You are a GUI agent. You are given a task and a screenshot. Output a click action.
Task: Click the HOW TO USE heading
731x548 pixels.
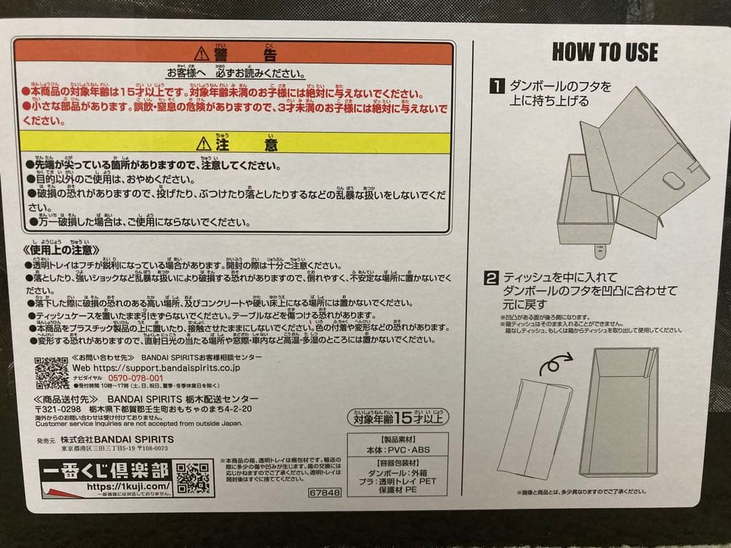[x=604, y=52]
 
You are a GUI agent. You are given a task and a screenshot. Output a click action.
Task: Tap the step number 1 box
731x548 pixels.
[x=497, y=86]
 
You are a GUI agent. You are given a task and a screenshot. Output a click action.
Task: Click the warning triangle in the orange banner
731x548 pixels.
[x=202, y=53]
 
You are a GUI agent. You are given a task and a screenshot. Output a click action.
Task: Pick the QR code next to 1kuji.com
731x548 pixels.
[x=194, y=478]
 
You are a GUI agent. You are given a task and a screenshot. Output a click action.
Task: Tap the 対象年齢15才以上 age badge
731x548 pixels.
[x=398, y=416]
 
